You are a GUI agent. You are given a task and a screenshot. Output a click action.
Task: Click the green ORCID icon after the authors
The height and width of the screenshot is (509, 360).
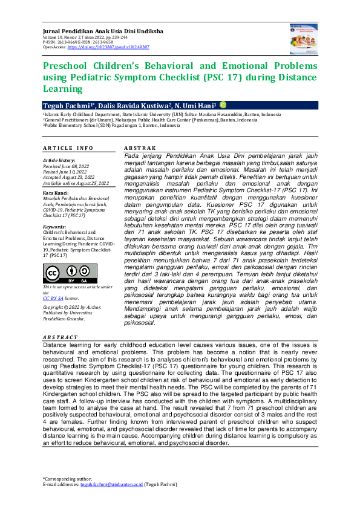223,104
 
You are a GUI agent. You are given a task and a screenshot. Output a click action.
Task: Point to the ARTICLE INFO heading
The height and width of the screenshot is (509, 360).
68,148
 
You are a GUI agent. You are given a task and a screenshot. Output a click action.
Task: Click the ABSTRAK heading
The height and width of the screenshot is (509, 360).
140,148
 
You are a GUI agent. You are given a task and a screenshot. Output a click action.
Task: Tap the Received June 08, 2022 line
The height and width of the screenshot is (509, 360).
68,166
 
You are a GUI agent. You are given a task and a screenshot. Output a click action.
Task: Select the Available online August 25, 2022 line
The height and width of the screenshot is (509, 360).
76,182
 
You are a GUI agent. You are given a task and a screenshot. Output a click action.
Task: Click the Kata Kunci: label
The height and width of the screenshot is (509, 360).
56,192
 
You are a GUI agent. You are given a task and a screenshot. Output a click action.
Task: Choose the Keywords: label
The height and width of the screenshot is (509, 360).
54,226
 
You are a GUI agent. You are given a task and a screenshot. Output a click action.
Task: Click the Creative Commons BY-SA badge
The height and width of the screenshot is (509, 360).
70,273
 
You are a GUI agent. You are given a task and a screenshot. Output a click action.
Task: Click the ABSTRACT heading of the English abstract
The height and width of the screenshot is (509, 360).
60,337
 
